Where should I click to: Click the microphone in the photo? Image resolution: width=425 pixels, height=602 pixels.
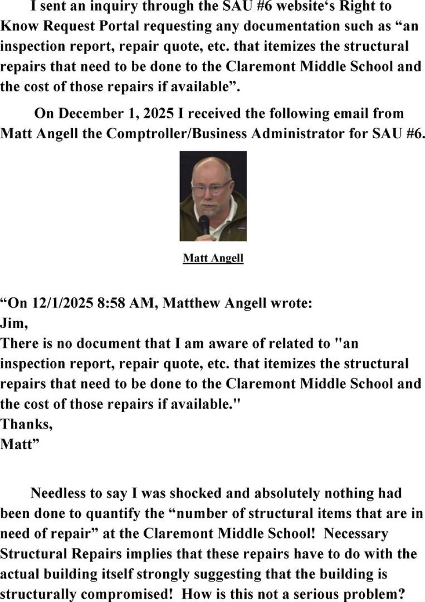204,225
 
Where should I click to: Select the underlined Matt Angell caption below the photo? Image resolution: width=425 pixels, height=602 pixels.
213,258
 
